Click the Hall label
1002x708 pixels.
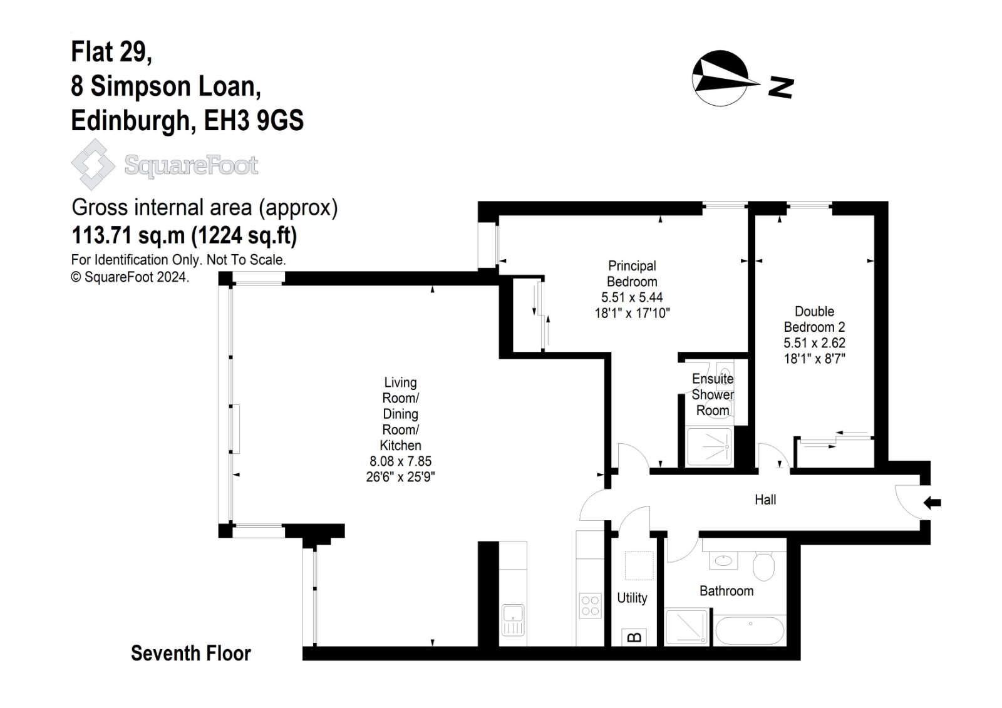765,500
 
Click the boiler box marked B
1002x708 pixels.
634,637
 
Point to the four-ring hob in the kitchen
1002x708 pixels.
590,605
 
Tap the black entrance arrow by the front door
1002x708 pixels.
932,502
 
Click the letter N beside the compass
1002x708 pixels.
781,88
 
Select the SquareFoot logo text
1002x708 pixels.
191,166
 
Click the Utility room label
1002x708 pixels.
632,598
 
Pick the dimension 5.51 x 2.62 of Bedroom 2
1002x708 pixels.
814,343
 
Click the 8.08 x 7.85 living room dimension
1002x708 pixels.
400,461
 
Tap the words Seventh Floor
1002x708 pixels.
190,654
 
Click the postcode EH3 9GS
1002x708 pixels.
254,120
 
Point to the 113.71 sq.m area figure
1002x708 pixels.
128,236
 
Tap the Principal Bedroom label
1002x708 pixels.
632,274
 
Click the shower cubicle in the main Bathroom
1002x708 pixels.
688,627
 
